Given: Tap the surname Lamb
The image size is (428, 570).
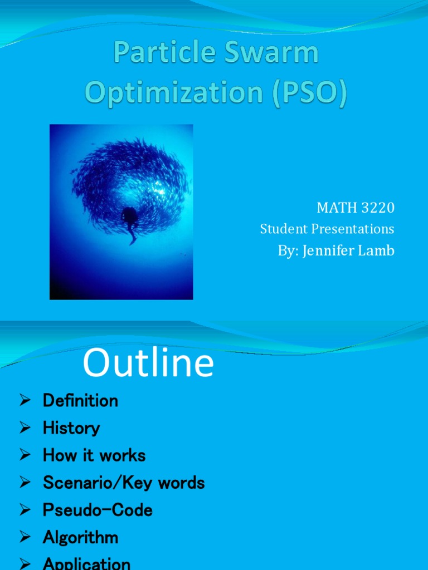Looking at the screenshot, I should point(377,250).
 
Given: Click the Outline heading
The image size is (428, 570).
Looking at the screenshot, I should point(148,364).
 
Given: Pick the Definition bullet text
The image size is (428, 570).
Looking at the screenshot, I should point(80,401).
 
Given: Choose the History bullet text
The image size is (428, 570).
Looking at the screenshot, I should point(71,428).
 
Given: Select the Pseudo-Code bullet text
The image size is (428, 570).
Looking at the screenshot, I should point(98,510).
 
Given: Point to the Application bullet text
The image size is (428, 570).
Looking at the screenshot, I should point(86,563).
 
